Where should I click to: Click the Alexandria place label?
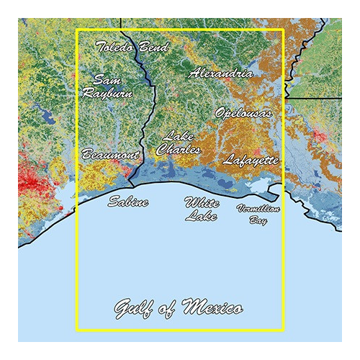pos(221,73)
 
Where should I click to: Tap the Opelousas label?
pos(243,113)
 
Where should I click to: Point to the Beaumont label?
pos(110,155)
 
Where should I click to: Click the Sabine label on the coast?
pos(128,202)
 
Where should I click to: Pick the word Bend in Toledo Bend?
pos(154,48)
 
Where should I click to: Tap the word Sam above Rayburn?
pos(106,79)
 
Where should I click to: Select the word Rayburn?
pos(107,93)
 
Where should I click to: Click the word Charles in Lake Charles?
pos(178,150)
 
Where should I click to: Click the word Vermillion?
pos(258,208)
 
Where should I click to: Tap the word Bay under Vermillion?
pos(258,221)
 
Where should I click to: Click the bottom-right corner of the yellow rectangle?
pos(285,330)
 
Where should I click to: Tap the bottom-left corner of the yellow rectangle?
pos(77,330)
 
